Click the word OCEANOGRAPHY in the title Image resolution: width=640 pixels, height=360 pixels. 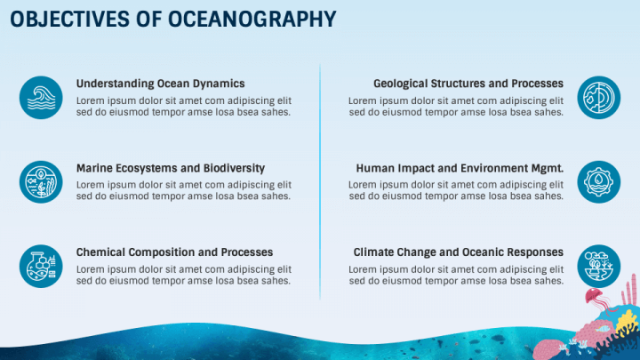tap(252, 20)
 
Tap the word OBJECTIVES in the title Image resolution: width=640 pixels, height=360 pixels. tap(69, 20)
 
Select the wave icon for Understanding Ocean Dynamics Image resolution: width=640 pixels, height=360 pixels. tap(41, 98)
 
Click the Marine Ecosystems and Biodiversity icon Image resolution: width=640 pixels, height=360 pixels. tap(41, 182)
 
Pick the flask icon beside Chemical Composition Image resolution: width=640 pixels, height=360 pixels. tap(41, 266)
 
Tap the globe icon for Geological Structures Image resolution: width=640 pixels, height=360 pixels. tap(599, 98)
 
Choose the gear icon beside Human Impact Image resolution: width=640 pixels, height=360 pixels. tap(599, 182)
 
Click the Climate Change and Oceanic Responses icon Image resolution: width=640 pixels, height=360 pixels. tap(599, 266)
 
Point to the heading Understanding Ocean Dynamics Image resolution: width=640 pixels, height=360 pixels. tap(160, 84)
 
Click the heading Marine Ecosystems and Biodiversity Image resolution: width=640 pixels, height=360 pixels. tap(171, 168)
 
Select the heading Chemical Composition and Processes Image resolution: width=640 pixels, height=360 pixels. tap(175, 252)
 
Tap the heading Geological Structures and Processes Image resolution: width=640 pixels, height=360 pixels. tap(468, 84)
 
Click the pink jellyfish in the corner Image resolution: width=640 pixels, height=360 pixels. tap(595, 298)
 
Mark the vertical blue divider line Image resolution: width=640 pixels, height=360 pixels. tap(320, 181)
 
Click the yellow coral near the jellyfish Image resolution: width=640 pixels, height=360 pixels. tap(627, 321)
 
